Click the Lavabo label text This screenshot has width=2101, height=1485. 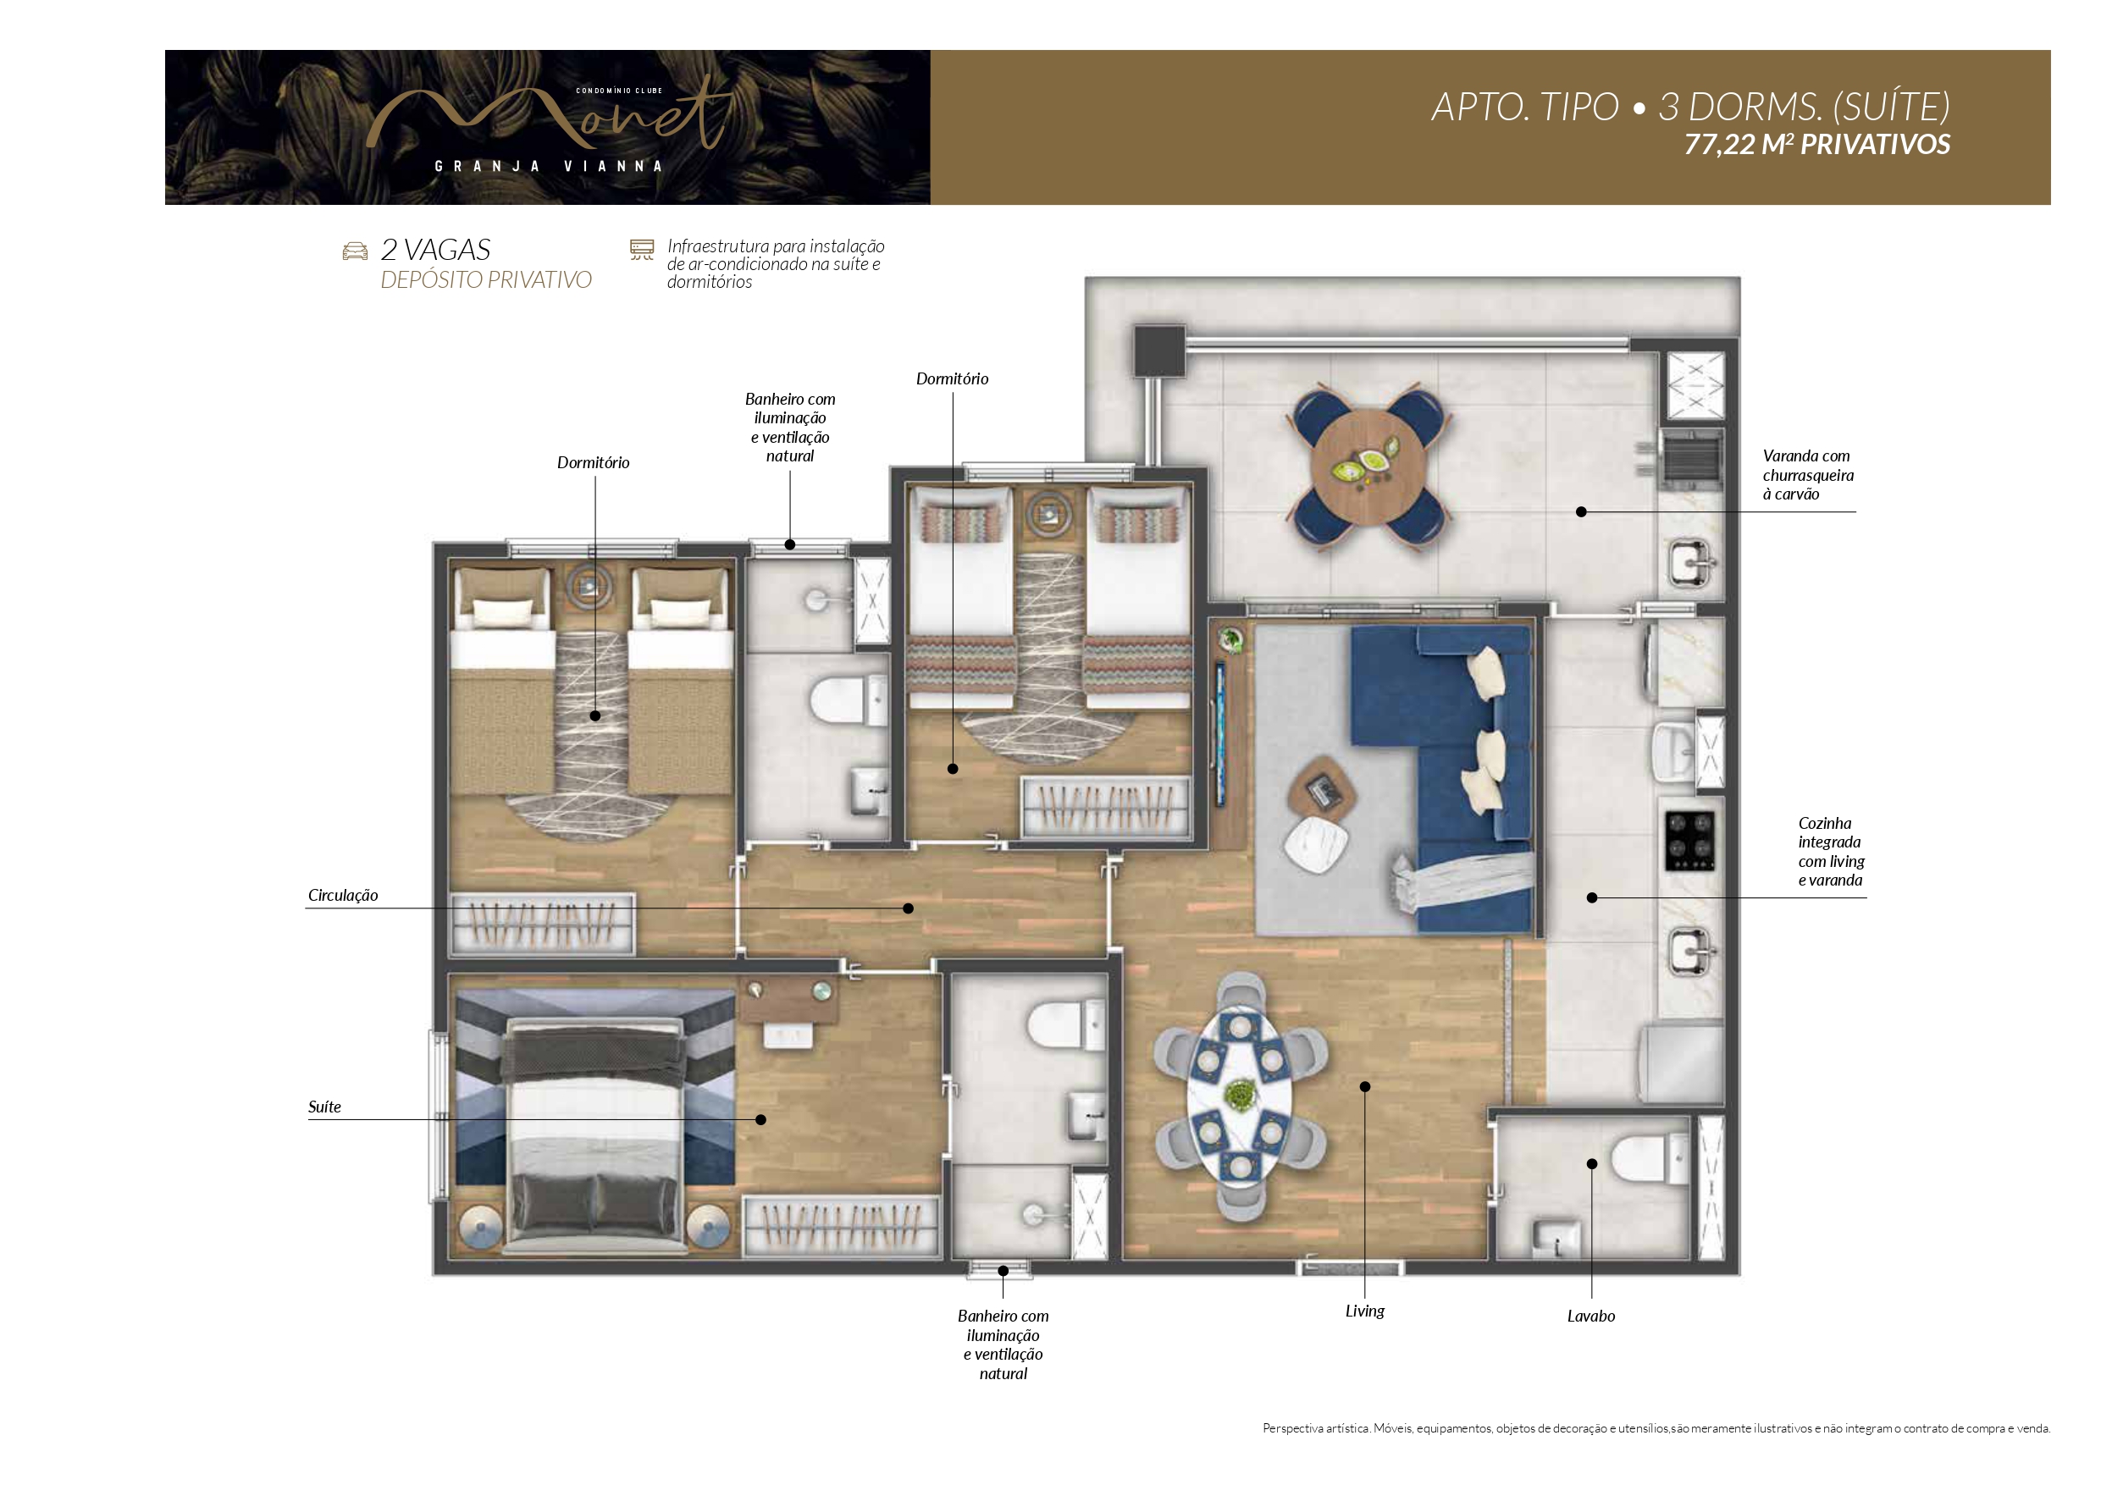[x=1590, y=1316]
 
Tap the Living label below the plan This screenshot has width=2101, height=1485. [x=1364, y=1311]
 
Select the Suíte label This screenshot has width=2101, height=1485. [x=324, y=1107]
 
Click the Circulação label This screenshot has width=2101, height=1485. [x=342, y=895]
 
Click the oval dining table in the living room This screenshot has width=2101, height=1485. [x=1240, y=1097]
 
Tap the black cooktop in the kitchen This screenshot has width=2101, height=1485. [x=1689, y=841]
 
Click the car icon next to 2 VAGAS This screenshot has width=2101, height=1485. [x=355, y=251]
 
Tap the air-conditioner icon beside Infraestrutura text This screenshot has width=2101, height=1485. [x=643, y=250]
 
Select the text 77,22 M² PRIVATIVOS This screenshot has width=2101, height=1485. [x=1817, y=145]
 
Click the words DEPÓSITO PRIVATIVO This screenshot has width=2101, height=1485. [x=486, y=280]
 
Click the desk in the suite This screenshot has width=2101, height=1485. [x=788, y=1002]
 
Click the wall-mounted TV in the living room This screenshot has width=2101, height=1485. [x=1219, y=733]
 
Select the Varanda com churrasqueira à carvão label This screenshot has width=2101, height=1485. [x=1808, y=475]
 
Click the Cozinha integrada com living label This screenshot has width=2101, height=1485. [x=1830, y=852]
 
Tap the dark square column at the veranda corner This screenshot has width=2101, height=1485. [x=1159, y=351]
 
